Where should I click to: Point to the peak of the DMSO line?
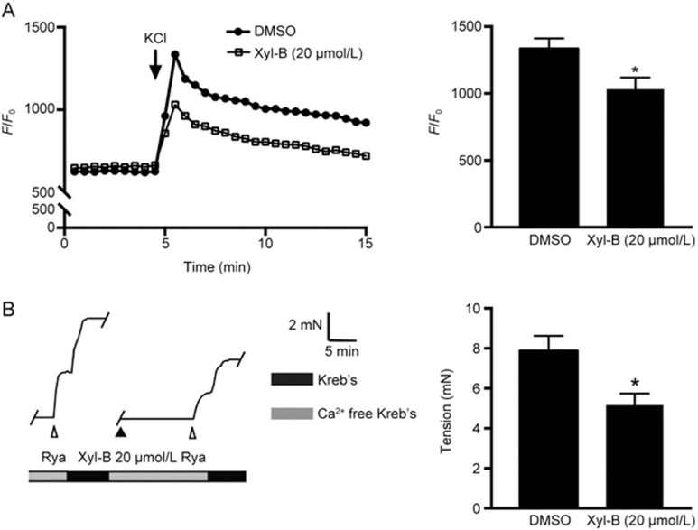(x=174, y=54)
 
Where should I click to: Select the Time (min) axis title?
(x=215, y=266)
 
